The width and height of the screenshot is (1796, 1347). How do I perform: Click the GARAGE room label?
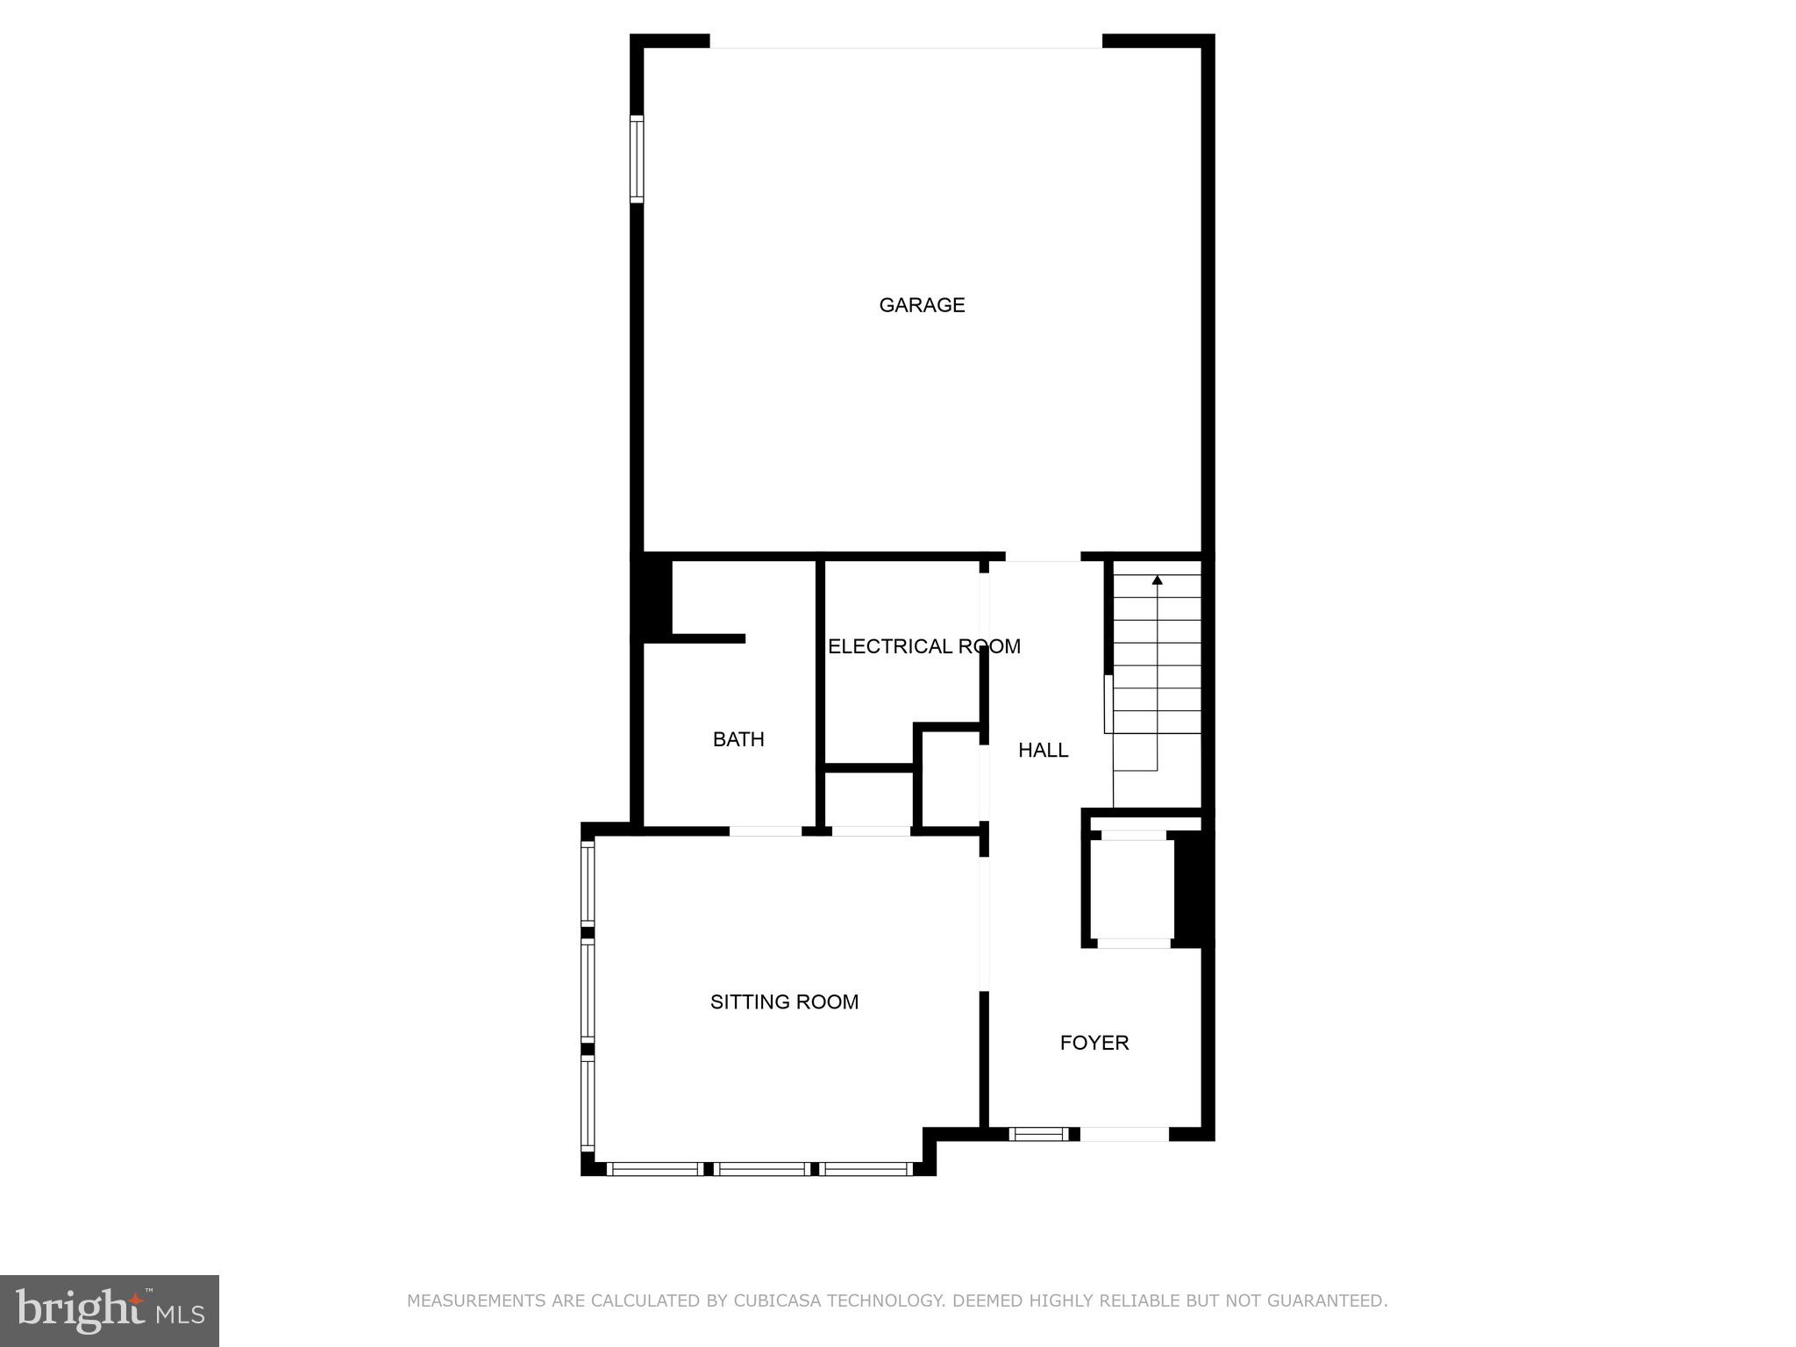click(922, 304)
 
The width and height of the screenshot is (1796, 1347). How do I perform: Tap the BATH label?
click(738, 739)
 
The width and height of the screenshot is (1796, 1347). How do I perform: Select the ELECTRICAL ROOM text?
click(923, 646)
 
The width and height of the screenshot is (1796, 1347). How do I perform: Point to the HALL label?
click(1043, 750)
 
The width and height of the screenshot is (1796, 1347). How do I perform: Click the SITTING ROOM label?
click(784, 1001)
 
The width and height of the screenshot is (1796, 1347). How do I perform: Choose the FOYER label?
click(1094, 1043)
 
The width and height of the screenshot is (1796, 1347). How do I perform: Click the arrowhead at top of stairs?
click(1157, 580)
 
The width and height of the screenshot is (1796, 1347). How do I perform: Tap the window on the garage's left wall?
click(637, 159)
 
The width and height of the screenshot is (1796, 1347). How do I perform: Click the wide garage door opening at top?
click(905, 42)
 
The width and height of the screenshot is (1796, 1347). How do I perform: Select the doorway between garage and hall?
click(1043, 557)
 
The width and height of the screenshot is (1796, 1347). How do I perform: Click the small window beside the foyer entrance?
click(1038, 1134)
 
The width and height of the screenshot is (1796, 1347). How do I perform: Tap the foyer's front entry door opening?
click(1124, 1134)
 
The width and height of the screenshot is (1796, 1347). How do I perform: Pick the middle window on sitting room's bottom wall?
click(761, 1169)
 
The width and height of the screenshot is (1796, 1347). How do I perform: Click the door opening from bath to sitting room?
click(765, 830)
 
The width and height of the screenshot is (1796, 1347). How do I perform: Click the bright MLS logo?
click(110, 1310)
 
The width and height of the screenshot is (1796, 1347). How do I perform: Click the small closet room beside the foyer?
click(1131, 889)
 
